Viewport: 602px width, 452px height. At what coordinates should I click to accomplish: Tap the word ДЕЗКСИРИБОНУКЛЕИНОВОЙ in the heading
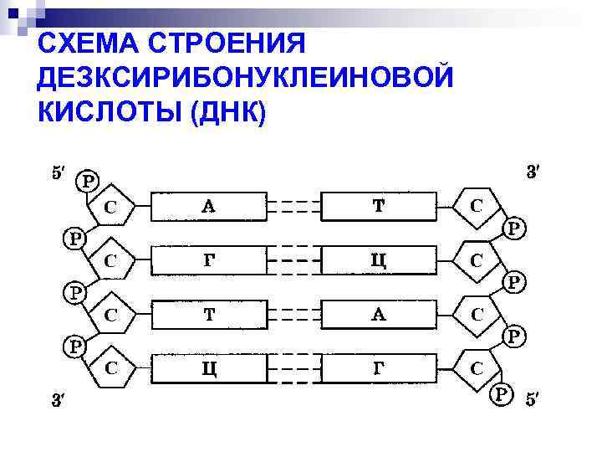[x=246, y=78]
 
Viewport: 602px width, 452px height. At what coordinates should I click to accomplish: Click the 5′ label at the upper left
[x=57, y=173]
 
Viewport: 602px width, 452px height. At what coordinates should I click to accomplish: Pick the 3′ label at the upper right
[x=533, y=173]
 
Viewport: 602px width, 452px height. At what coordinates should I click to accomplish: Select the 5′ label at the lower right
[x=533, y=398]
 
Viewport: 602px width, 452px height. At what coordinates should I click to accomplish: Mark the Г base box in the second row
[x=209, y=259]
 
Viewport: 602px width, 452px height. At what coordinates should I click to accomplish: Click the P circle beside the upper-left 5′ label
[x=87, y=179]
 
